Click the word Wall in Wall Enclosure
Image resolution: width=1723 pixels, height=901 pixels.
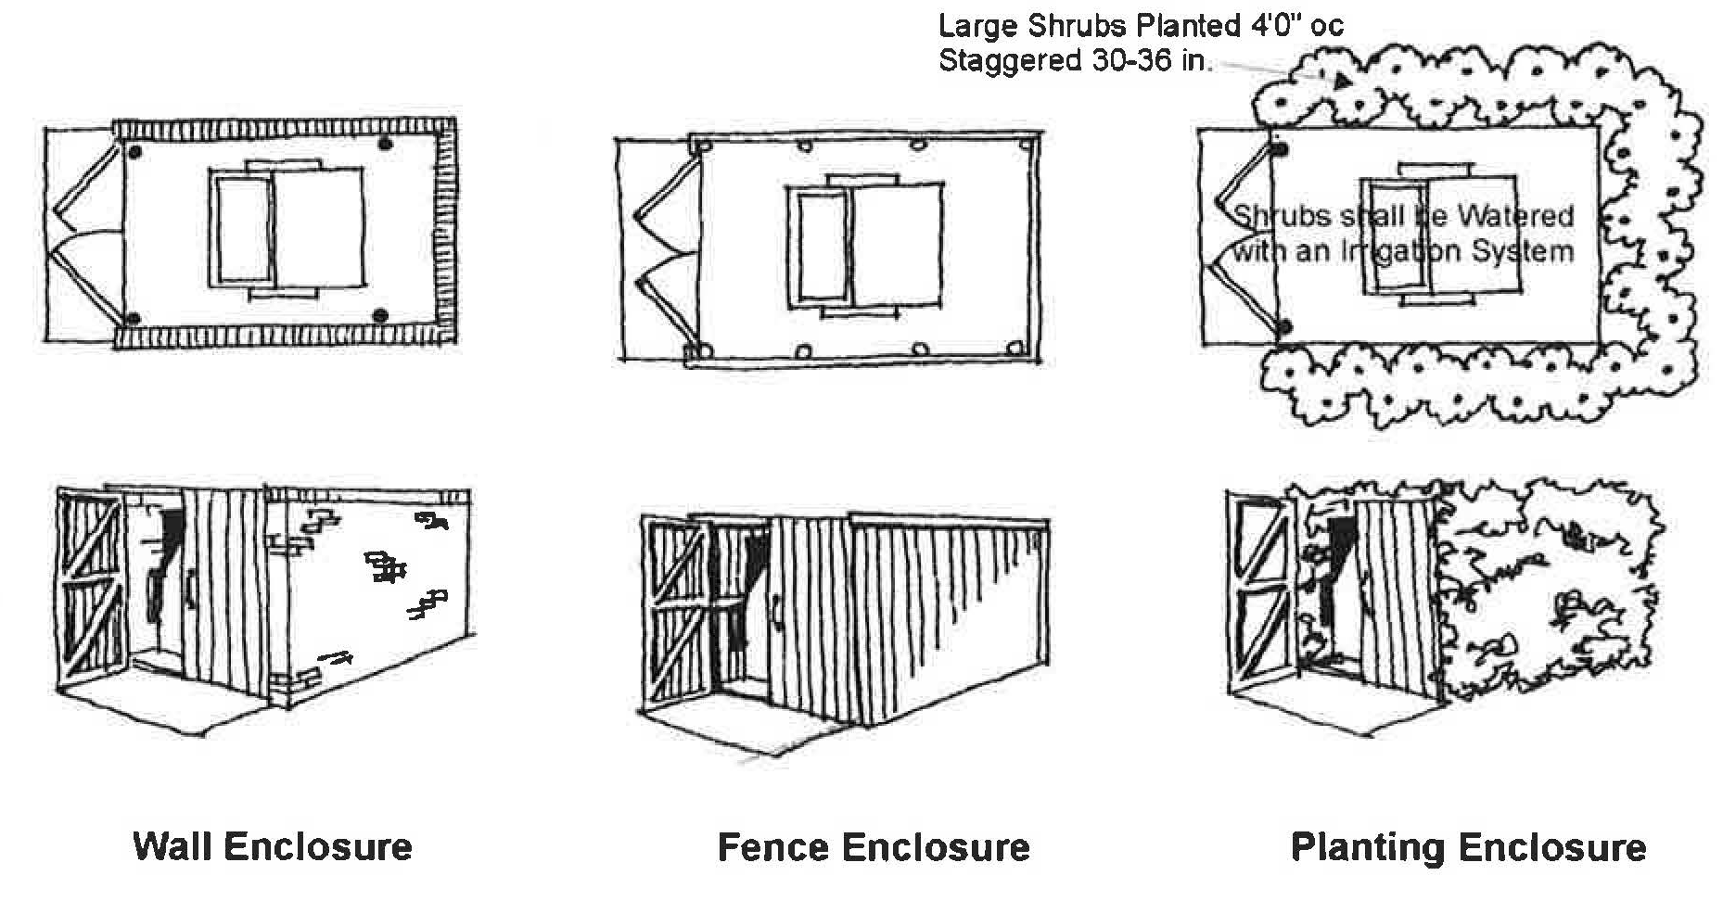tap(172, 846)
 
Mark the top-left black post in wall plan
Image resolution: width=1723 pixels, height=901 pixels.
tap(134, 150)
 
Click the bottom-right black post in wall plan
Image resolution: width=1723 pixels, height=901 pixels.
tap(379, 317)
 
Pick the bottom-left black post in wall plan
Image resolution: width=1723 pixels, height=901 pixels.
tap(133, 319)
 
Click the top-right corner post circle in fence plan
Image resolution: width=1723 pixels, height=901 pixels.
tap(1027, 146)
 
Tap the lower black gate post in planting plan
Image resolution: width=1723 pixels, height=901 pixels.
tap(1284, 326)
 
